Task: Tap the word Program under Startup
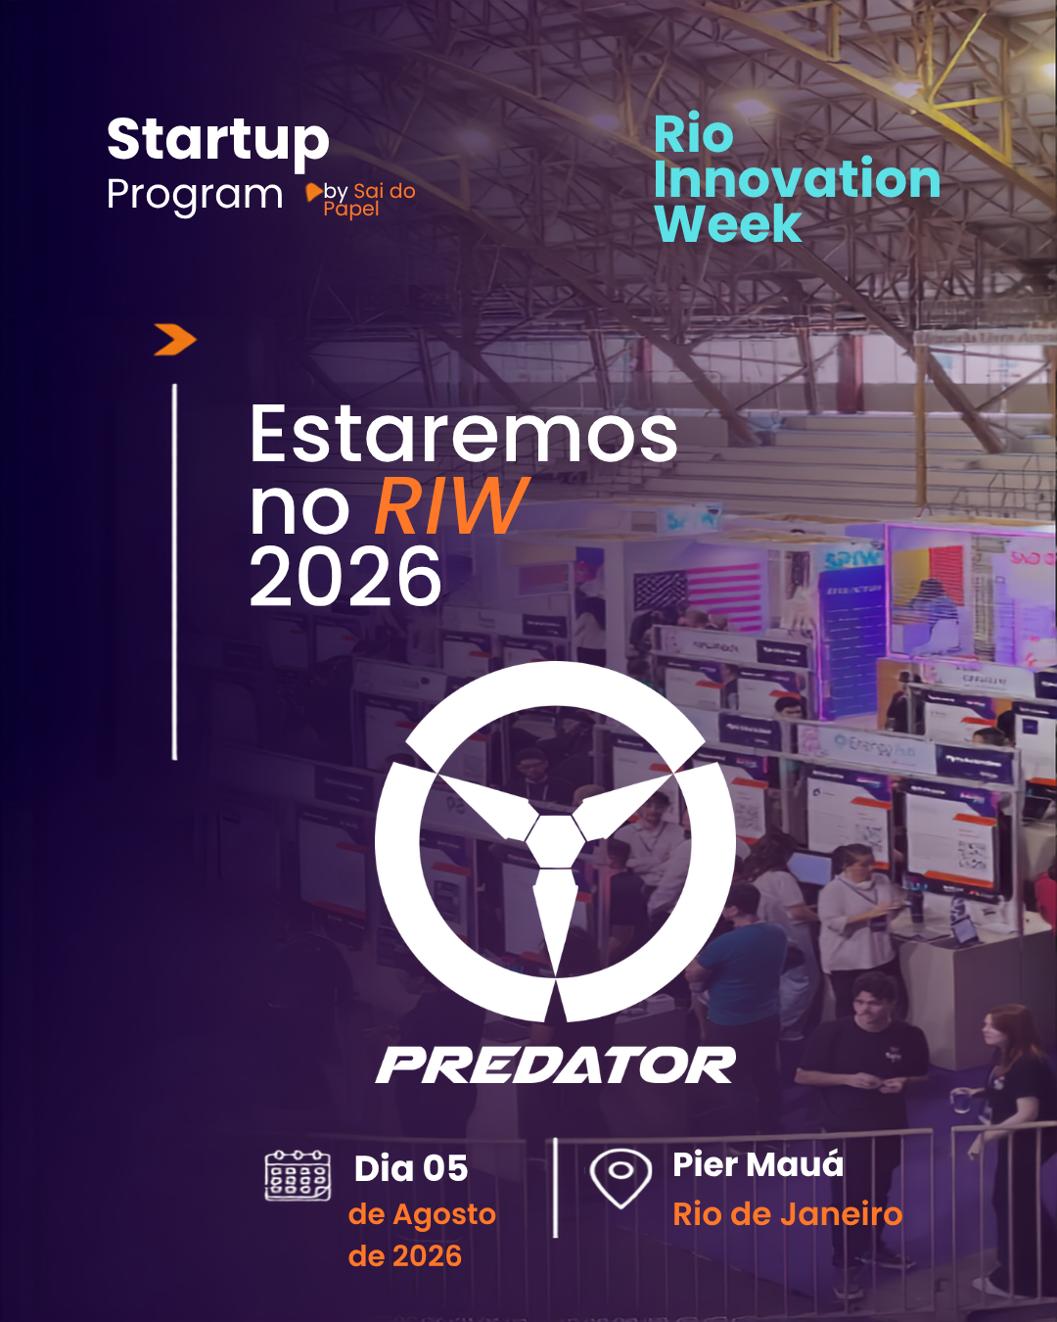tap(195, 196)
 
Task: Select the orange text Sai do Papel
tap(370, 200)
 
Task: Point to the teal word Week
tap(728, 223)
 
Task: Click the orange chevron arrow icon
tap(175, 339)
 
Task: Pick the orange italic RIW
tap(451, 505)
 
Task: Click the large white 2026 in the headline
tap(345, 577)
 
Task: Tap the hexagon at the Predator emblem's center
tap(555, 841)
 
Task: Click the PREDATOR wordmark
tap(555, 1065)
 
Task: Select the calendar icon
tap(298, 1175)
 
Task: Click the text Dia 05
tap(411, 1168)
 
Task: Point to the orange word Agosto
tap(444, 1214)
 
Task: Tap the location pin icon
tap(620, 1177)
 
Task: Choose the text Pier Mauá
tap(758, 1164)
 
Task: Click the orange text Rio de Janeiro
tap(788, 1214)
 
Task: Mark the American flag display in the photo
tap(698, 597)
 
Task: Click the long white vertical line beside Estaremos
tap(175, 572)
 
